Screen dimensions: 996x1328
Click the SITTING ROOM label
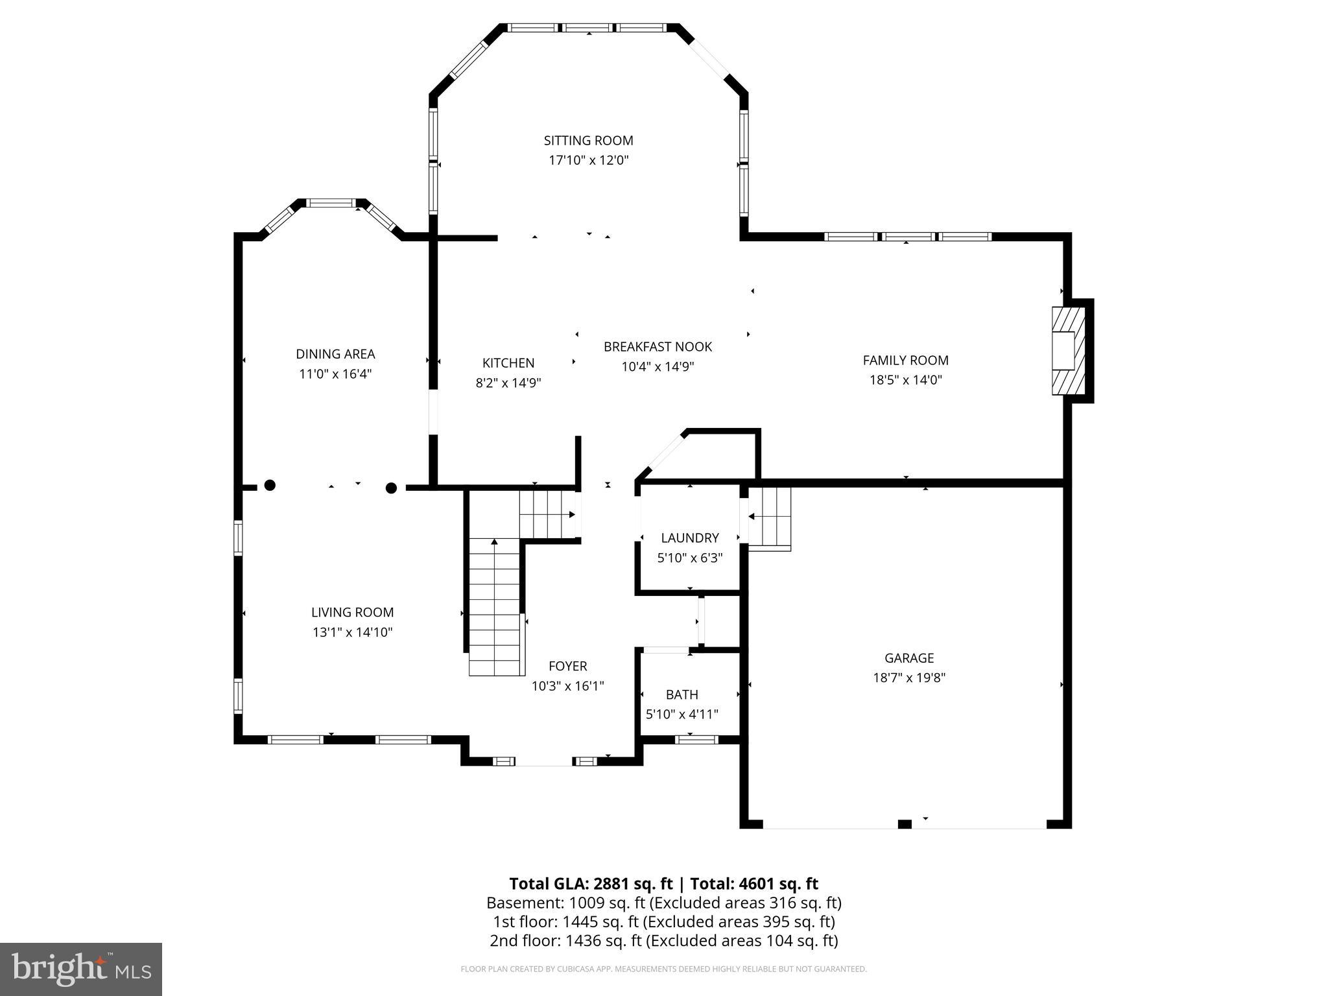pos(588,141)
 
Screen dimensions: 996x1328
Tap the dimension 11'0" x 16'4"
pos(335,374)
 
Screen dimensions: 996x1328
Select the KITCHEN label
pos(508,363)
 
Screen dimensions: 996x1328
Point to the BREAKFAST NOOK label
pos(658,347)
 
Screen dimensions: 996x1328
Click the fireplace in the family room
pos(1067,351)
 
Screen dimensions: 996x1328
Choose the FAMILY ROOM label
pos(905,361)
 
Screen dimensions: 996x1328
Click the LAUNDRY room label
pos(689,538)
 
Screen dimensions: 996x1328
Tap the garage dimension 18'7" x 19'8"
pos(909,678)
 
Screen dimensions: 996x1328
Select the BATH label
pos(682,695)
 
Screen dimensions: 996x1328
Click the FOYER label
pos(567,666)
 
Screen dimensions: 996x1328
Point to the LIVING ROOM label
pos(352,612)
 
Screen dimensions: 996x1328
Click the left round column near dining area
pos(270,485)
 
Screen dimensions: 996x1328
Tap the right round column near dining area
pos(391,488)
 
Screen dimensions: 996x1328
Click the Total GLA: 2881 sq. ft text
pos(591,884)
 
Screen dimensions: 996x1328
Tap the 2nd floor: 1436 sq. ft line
pos(663,940)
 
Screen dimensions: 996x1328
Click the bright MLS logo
pos(80,969)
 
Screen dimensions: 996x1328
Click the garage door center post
pos(905,824)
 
